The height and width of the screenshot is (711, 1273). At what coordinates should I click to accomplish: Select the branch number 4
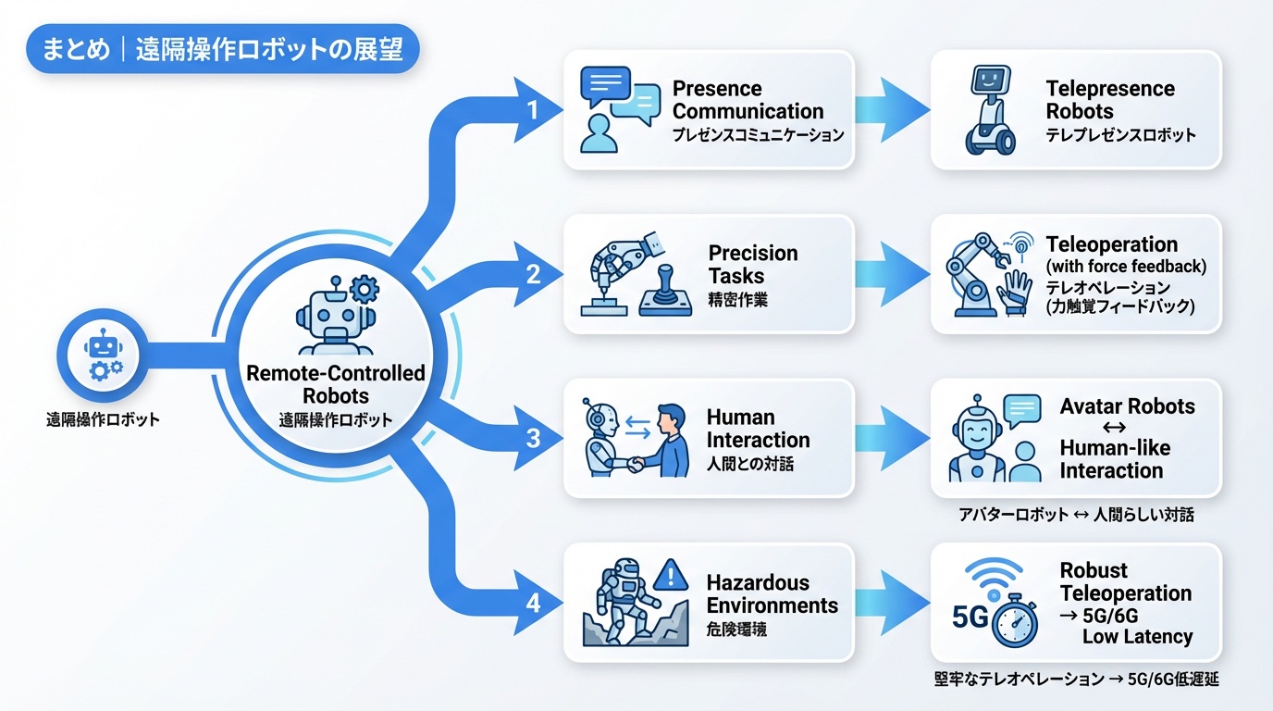coord(533,603)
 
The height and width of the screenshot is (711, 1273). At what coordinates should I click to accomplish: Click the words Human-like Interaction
coord(1115,459)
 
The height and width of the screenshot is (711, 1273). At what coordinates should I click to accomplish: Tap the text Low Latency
coord(1137,636)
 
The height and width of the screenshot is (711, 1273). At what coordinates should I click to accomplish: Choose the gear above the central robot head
coord(365,290)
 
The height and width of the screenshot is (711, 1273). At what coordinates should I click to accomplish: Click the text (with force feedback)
coord(1126,267)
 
